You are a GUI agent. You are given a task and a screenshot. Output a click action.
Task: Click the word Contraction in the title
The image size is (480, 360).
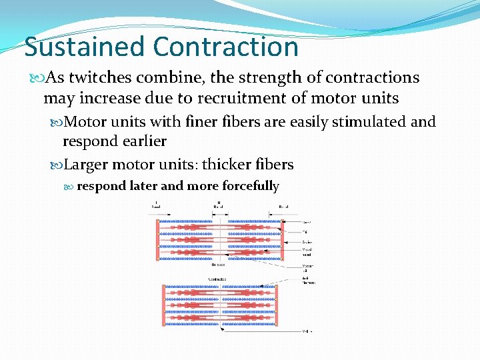tap(225, 47)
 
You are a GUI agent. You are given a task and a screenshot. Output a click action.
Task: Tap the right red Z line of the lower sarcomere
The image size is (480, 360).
tap(275, 306)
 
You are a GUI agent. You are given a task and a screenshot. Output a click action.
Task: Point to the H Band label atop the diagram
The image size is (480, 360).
tap(218, 206)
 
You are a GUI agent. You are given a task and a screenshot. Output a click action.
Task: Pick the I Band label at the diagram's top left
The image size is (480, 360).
tap(155, 206)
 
